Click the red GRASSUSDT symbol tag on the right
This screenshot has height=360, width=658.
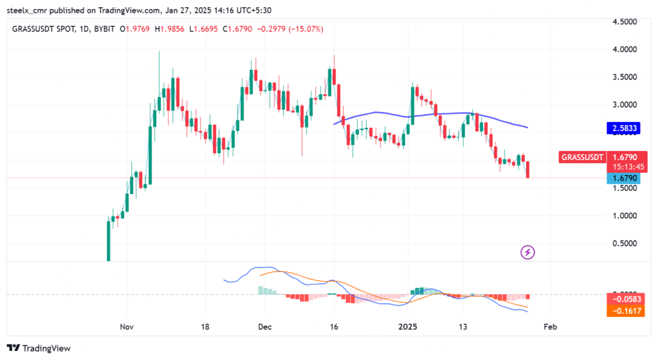point(582,156)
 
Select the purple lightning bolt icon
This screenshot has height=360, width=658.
point(528,252)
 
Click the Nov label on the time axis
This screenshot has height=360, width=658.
point(127,327)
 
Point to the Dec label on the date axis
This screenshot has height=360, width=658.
point(264,327)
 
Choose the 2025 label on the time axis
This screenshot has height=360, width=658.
point(407,327)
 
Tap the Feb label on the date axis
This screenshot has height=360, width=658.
point(549,327)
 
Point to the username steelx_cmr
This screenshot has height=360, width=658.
point(33,10)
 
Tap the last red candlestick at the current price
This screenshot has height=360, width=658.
point(528,170)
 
